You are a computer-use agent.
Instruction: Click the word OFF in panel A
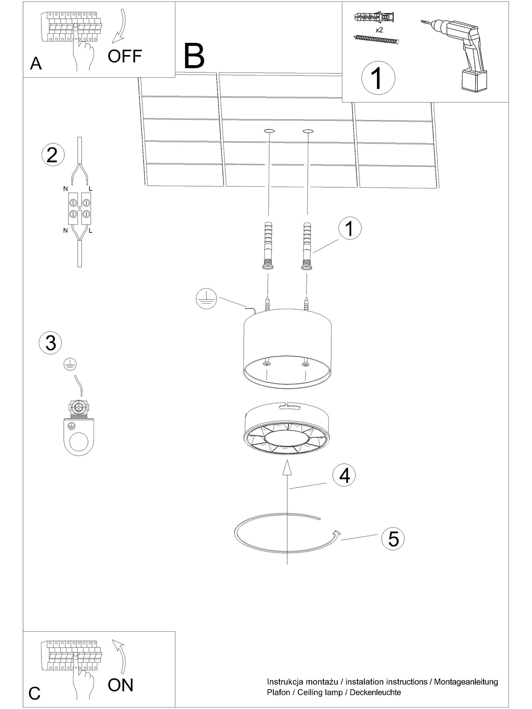pos(125,56)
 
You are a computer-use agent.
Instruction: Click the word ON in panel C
pos(121,685)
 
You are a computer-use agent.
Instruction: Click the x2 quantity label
pos(379,30)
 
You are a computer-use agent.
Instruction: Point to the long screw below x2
pos(377,39)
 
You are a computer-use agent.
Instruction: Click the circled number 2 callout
pos(53,155)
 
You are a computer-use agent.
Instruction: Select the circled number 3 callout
pos(50,343)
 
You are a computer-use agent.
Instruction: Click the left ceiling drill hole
pos(269,132)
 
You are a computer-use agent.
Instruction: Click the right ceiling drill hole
pos(308,132)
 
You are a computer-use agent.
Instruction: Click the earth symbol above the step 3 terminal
pos(70,364)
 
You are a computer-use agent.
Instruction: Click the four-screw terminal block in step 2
pos(78,208)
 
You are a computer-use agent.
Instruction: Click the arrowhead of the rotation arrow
pos(336,532)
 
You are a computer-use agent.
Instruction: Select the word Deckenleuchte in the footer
pos(375,692)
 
